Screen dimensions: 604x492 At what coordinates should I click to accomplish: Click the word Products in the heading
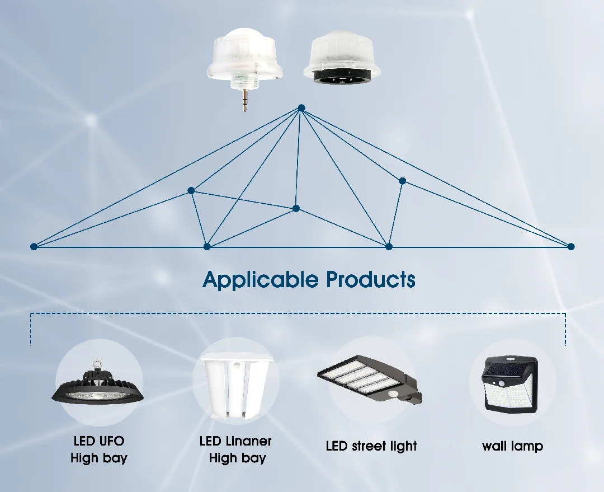371,279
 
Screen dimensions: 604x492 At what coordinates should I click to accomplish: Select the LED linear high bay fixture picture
235,387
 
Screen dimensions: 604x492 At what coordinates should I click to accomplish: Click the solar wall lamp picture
510,386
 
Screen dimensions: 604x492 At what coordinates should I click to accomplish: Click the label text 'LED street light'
371,446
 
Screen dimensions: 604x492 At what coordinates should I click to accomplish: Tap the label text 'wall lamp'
512,446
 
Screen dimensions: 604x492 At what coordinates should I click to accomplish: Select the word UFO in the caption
112,441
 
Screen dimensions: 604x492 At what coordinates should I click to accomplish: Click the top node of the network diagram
301,107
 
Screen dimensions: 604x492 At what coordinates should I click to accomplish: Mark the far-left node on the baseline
34,246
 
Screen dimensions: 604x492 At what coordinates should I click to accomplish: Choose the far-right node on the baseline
570,246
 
